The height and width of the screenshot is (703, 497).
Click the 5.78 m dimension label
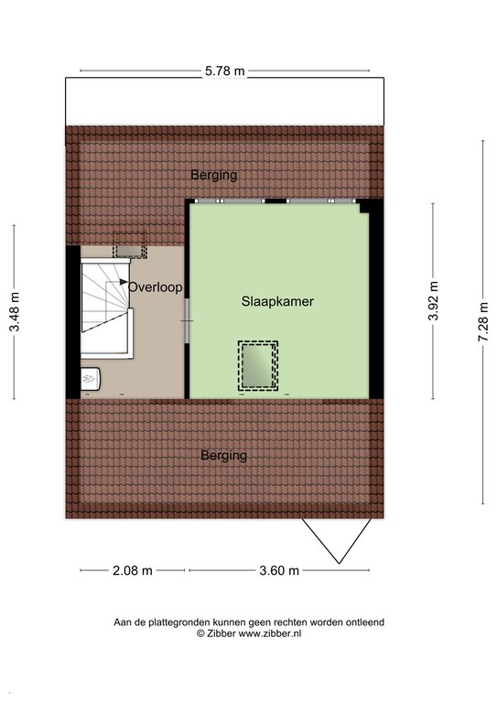coord(225,70)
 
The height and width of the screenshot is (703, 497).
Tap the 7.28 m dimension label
coord(483,322)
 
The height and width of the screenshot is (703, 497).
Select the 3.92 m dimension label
coord(433,301)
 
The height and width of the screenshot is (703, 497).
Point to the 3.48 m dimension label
coord(15,311)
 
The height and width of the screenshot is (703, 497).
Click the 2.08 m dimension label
coord(132,570)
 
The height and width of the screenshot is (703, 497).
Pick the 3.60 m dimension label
coord(279,570)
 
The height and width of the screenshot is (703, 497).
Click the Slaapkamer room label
coord(277,301)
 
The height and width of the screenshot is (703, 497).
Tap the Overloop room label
coord(156,287)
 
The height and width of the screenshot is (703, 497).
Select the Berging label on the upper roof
coord(214,175)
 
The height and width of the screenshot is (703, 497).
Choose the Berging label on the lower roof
coord(223,456)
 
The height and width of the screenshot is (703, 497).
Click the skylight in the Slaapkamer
coord(258,365)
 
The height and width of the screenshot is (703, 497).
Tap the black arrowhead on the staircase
coord(124,282)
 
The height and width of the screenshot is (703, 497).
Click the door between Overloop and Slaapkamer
coord(188,320)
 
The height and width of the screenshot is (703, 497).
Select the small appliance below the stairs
coord(91,380)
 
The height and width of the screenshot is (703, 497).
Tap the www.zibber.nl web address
coord(270,633)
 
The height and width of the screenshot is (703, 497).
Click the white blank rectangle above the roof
coord(224,102)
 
